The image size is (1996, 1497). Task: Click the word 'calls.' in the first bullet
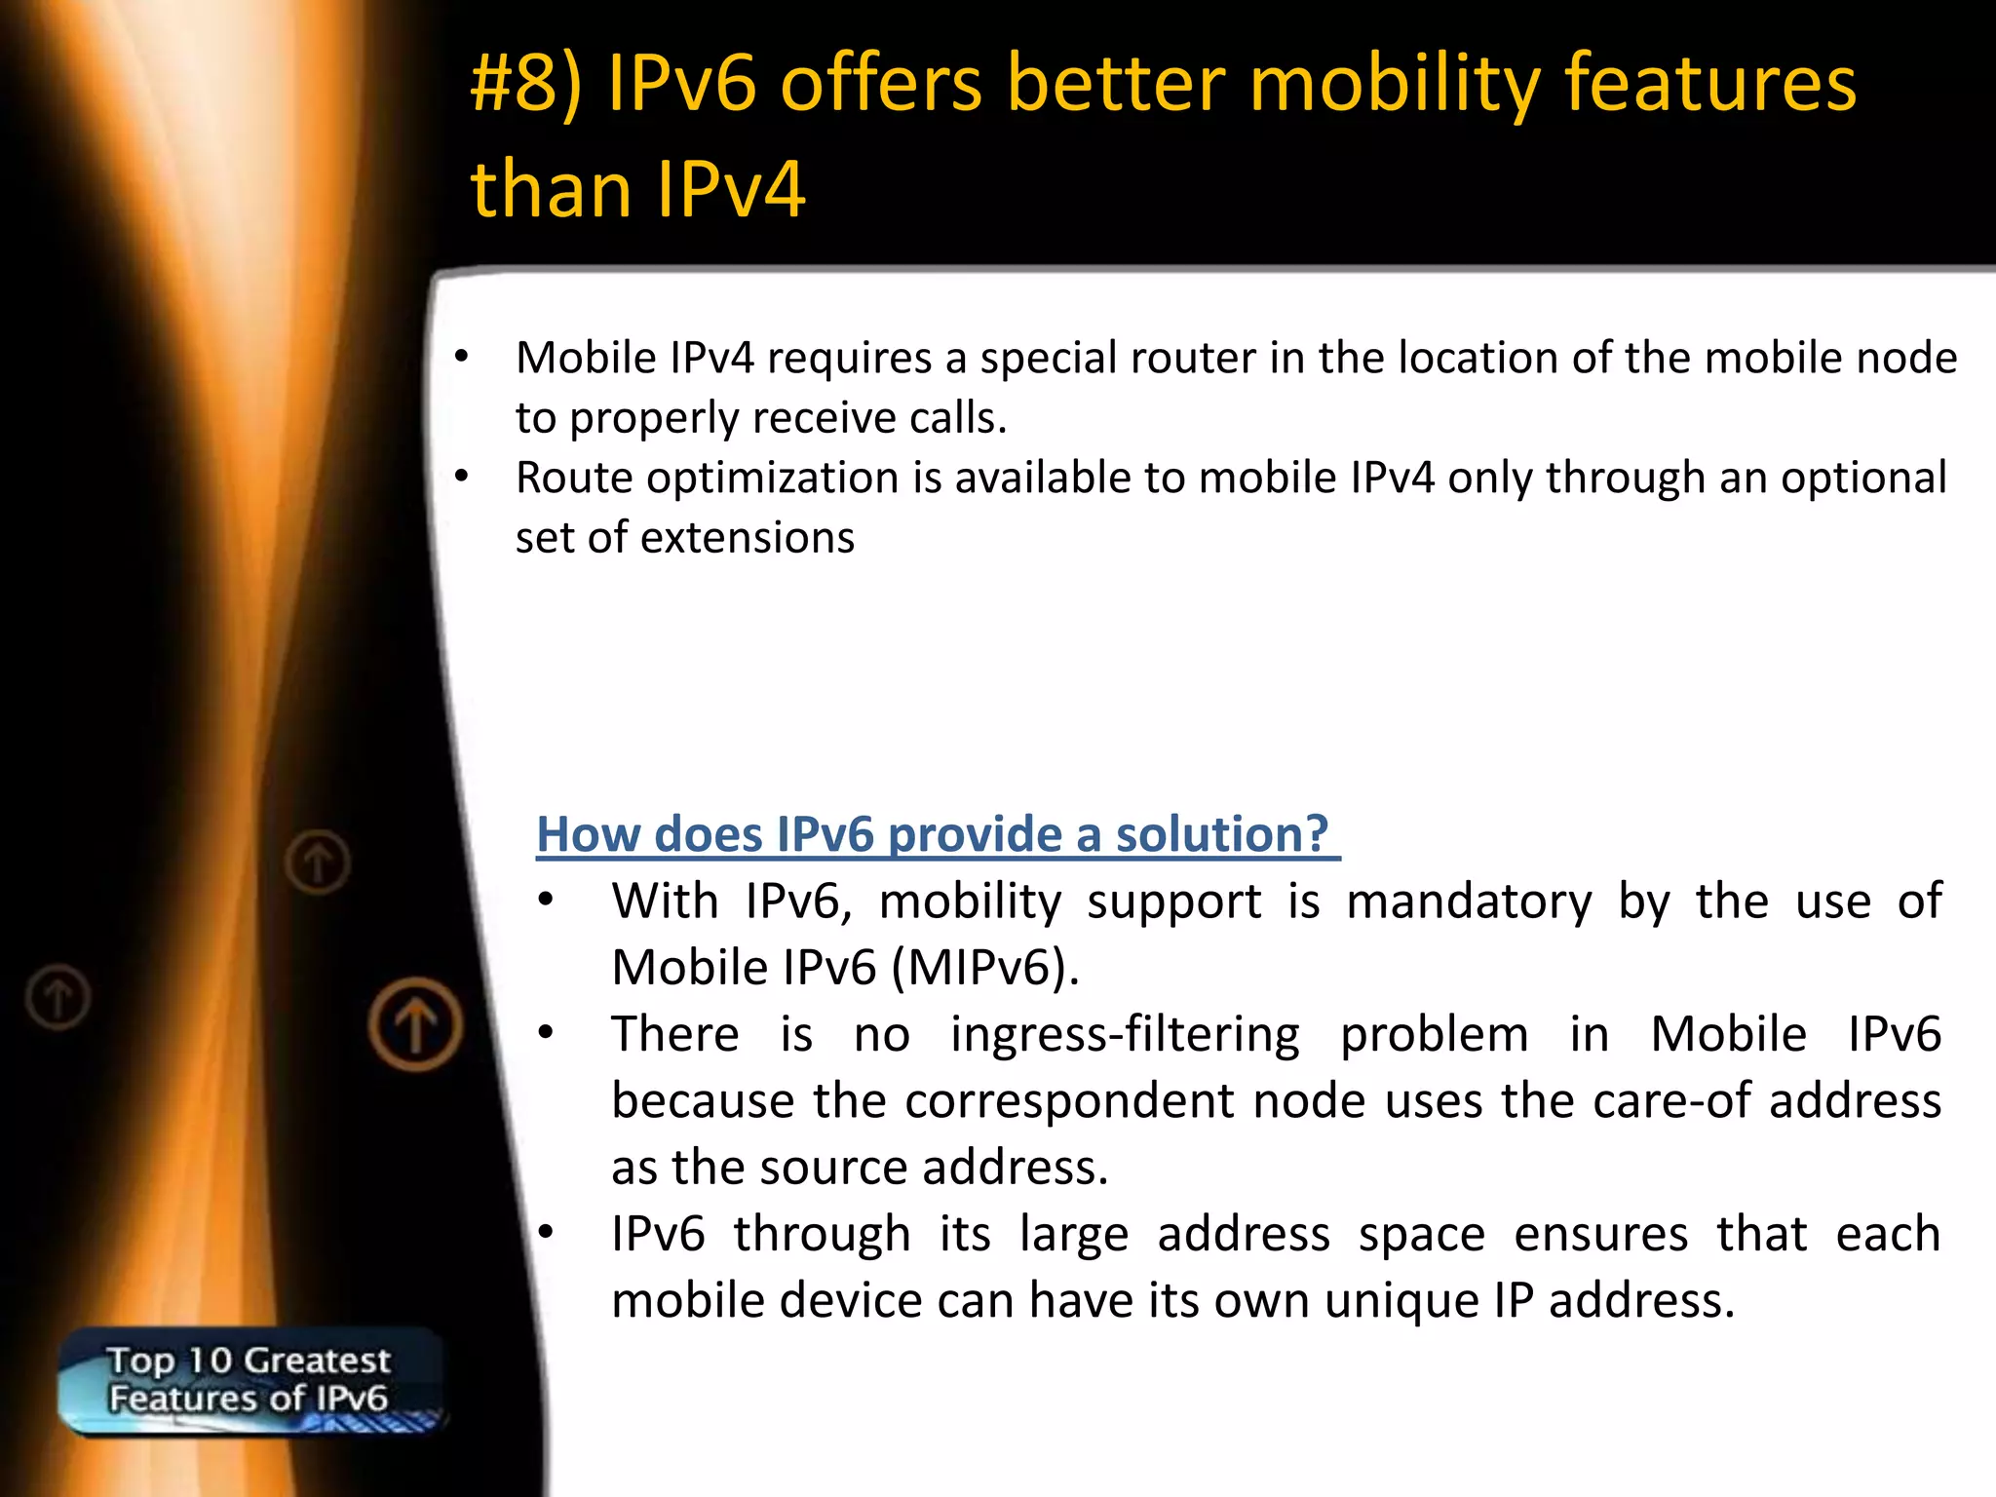click(958, 418)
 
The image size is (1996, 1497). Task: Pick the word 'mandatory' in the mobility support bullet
click(1469, 902)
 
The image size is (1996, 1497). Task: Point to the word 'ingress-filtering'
click(1125, 1034)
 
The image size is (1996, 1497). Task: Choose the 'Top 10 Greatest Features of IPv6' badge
click(249, 1380)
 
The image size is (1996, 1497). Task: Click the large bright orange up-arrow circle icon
click(416, 1025)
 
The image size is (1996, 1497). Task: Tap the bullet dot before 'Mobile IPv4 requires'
click(462, 357)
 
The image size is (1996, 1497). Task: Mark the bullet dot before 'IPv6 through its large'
click(547, 1233)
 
